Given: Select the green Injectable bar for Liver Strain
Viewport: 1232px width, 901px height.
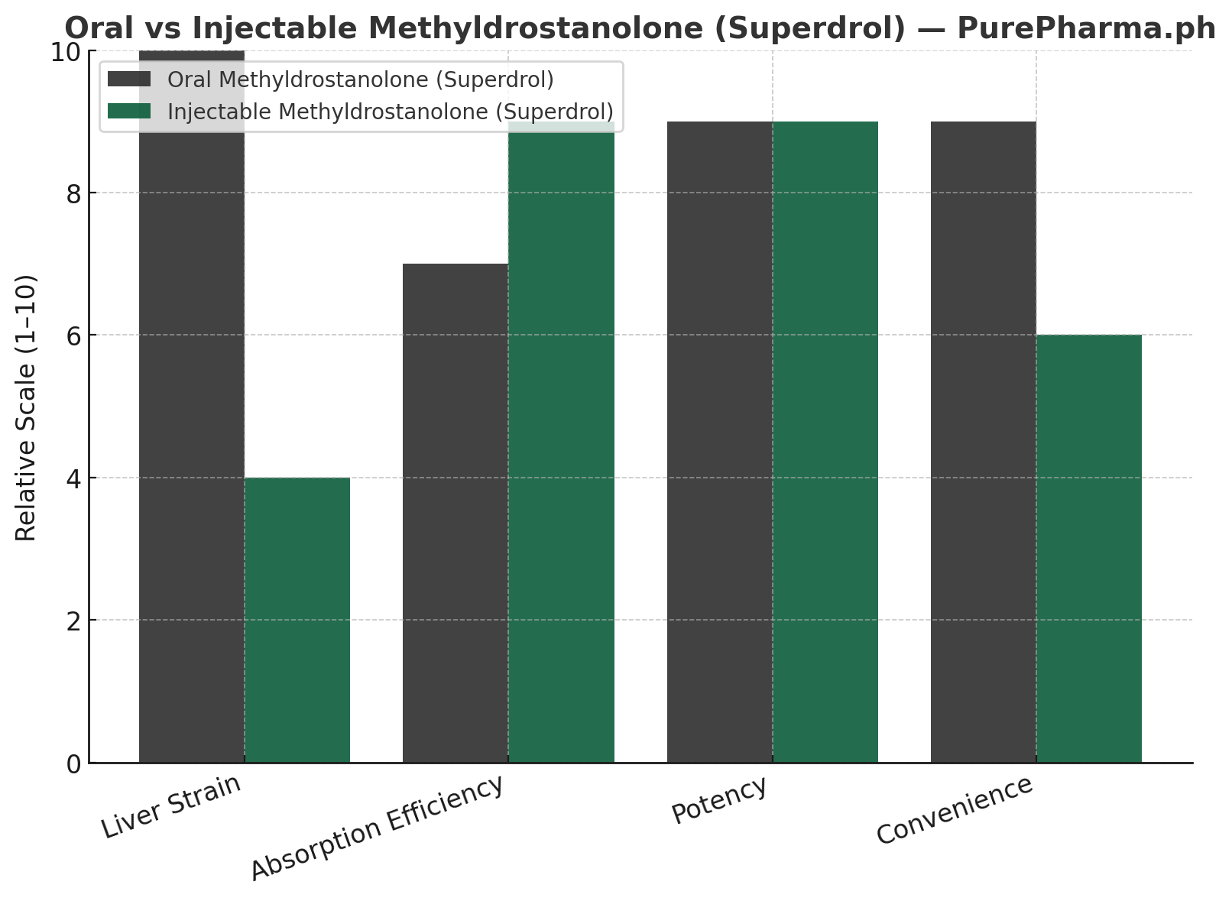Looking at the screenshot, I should (297, 620).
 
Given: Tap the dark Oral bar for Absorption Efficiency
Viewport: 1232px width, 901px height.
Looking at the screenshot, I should (456, 513).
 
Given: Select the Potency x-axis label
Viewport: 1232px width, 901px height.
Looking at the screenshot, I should (719, 800).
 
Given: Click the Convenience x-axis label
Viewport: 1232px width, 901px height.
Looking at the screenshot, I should (955, 809).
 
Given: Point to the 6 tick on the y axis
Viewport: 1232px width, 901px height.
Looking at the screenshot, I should (73, 335).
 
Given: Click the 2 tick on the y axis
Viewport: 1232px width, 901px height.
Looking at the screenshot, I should (73, 621).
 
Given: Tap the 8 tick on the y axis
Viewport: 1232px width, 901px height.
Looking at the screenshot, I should (73, 193).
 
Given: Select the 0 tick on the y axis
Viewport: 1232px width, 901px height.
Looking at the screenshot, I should (73, 763).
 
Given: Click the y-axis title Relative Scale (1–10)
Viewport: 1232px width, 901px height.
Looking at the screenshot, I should (27, 407).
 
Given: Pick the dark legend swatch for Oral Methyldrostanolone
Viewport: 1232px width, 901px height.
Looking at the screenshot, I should (130, 79).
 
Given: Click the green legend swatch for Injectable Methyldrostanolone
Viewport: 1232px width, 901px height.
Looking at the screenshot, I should (130, 112).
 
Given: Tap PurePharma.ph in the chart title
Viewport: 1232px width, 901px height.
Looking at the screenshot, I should (1086, 28).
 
